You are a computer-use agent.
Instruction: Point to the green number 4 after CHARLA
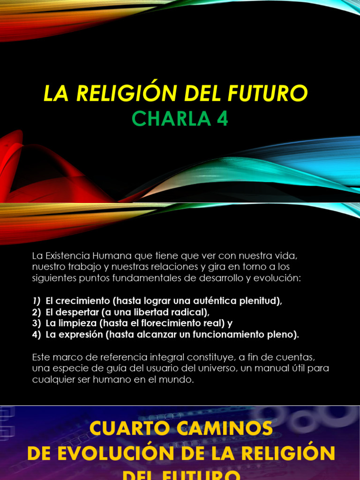[222, 119]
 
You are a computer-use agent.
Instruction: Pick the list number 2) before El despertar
[37, 312]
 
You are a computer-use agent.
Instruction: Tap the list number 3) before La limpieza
[37, 323]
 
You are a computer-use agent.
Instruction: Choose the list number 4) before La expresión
[37, 334]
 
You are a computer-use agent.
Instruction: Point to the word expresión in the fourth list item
[80, 334]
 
